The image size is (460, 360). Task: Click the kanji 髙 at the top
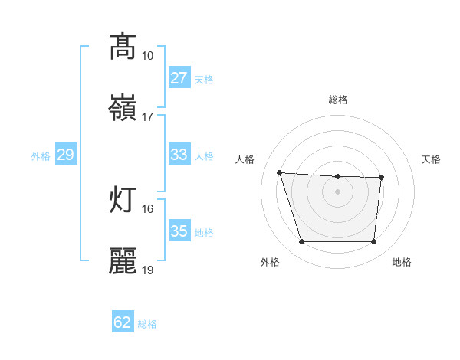click(x=123, y=47)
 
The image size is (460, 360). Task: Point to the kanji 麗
click(x=123, y=260)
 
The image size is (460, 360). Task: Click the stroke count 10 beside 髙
click(x=147, y=56)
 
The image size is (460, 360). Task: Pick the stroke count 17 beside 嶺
click(x=147, y=117)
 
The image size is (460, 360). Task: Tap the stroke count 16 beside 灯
click(x=147, y=208)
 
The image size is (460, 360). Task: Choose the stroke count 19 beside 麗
click(x=147, y=270)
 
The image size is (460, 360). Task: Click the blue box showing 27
click(x=179, y=78)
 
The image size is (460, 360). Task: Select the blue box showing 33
click(x=179, y=155)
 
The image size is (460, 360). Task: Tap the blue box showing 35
click(x=179, y=231)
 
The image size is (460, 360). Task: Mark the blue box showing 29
click(x=65, y=155)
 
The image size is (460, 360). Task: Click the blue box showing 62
click(x=123, y=322)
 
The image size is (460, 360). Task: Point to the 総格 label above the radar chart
click(x=338, y=100)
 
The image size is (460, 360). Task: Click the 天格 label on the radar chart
click(x=432, y=159)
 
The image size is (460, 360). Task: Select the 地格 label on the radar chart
click(x=402, y=263)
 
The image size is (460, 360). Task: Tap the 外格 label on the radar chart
click(x=270, y=263)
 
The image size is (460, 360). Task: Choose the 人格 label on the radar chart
click(x=245, y=159)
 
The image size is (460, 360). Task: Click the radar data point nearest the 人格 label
click(x=280, y=172)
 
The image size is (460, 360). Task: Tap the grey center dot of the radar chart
click(x=337, y=191)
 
